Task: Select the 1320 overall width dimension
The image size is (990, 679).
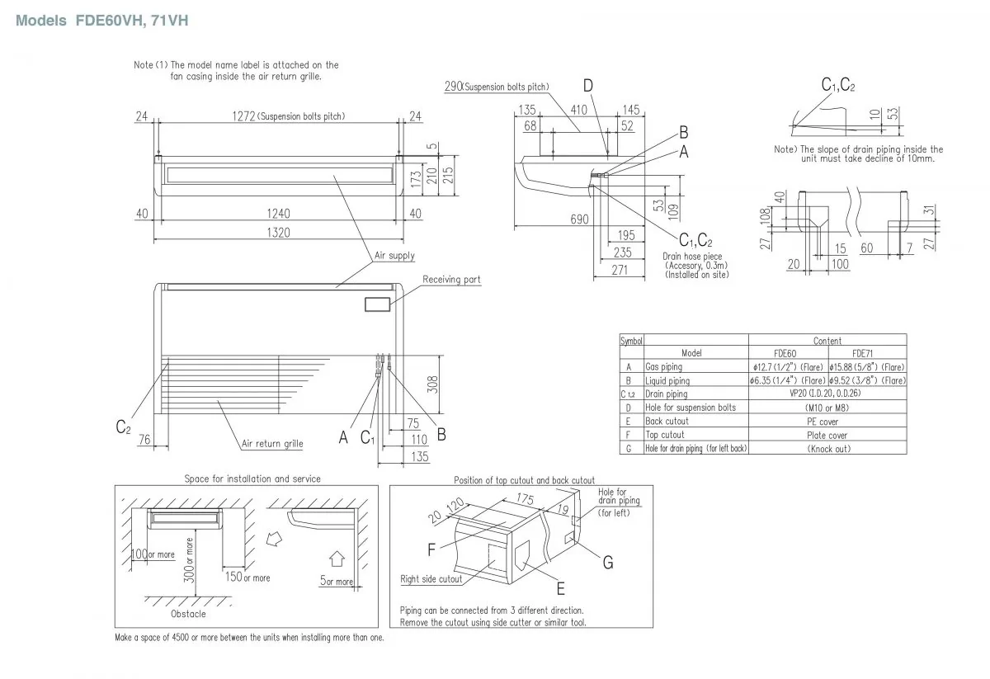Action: tap(278, 233)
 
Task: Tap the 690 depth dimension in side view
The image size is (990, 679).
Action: tap(579, 219)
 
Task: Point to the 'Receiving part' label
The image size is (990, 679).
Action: tap(451, 281)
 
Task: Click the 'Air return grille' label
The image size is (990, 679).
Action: tap(272, 444)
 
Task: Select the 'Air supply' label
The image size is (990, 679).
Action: tap(394, 257)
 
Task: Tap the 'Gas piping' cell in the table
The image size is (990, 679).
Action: tap(664, 366)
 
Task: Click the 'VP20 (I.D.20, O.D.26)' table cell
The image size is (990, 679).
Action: tap(827, 394)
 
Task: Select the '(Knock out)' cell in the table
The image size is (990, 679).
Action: tap(827, 449)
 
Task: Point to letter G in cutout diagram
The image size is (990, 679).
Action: tap(607, 563)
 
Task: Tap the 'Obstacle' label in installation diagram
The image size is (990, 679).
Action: tap(188, 614)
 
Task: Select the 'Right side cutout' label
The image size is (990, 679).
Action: tap(431, 579)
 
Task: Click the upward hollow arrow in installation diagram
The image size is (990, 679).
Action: tap(337, 557)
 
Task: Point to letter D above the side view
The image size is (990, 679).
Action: tap(587, 86)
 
